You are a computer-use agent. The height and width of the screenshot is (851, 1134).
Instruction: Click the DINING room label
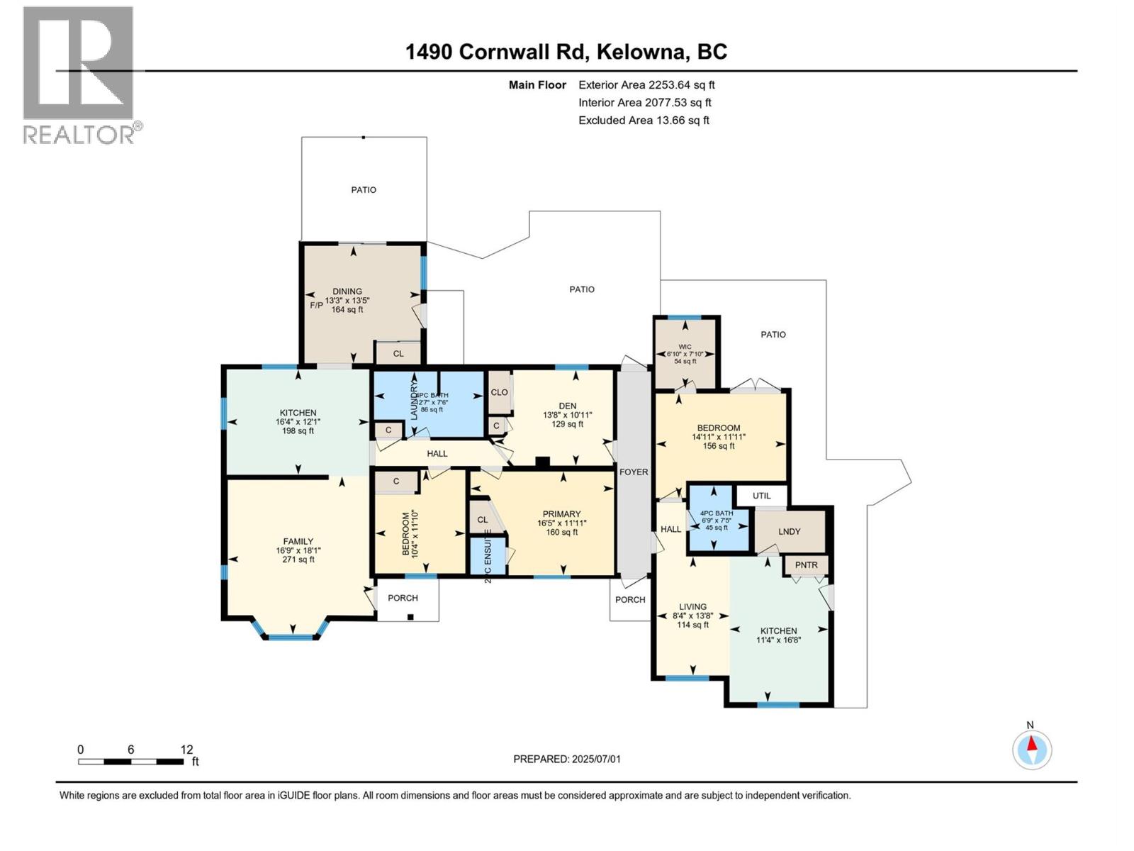tap(347, 291)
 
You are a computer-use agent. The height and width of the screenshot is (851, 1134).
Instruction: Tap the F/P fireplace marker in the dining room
tap(316, 306)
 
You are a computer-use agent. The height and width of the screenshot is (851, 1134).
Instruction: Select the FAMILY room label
tap(298, 542)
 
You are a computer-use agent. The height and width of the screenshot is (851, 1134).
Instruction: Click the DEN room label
tap(567, 406)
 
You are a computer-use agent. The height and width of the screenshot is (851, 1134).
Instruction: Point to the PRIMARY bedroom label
tap(561, 514)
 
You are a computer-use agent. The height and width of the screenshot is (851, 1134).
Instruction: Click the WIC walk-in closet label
tap(685, 347)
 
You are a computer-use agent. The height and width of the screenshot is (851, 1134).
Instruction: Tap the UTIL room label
tap(761, 496)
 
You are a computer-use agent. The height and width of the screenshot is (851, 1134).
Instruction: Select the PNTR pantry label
tap(806, 565)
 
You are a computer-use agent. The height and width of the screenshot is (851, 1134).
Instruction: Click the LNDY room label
tap(789, 531)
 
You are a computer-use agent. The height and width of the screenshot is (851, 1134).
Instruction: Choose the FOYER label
tap(634, 472)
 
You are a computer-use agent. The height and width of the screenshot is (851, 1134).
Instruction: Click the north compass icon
tap(1032, 750)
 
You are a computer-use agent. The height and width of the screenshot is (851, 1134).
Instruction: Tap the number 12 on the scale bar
tap(186, 750)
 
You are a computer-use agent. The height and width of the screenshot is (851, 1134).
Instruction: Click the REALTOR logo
tap(79, 74)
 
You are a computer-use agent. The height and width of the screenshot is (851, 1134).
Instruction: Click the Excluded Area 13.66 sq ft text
tap(644, 121)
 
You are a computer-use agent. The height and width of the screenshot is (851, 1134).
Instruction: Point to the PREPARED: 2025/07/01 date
tap(566, 759)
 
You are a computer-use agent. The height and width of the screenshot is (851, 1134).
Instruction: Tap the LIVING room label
tap(692, 606)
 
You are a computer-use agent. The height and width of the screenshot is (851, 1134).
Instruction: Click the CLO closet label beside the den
tap(499, 392)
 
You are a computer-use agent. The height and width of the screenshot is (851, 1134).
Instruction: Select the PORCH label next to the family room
tap(403, 598)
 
